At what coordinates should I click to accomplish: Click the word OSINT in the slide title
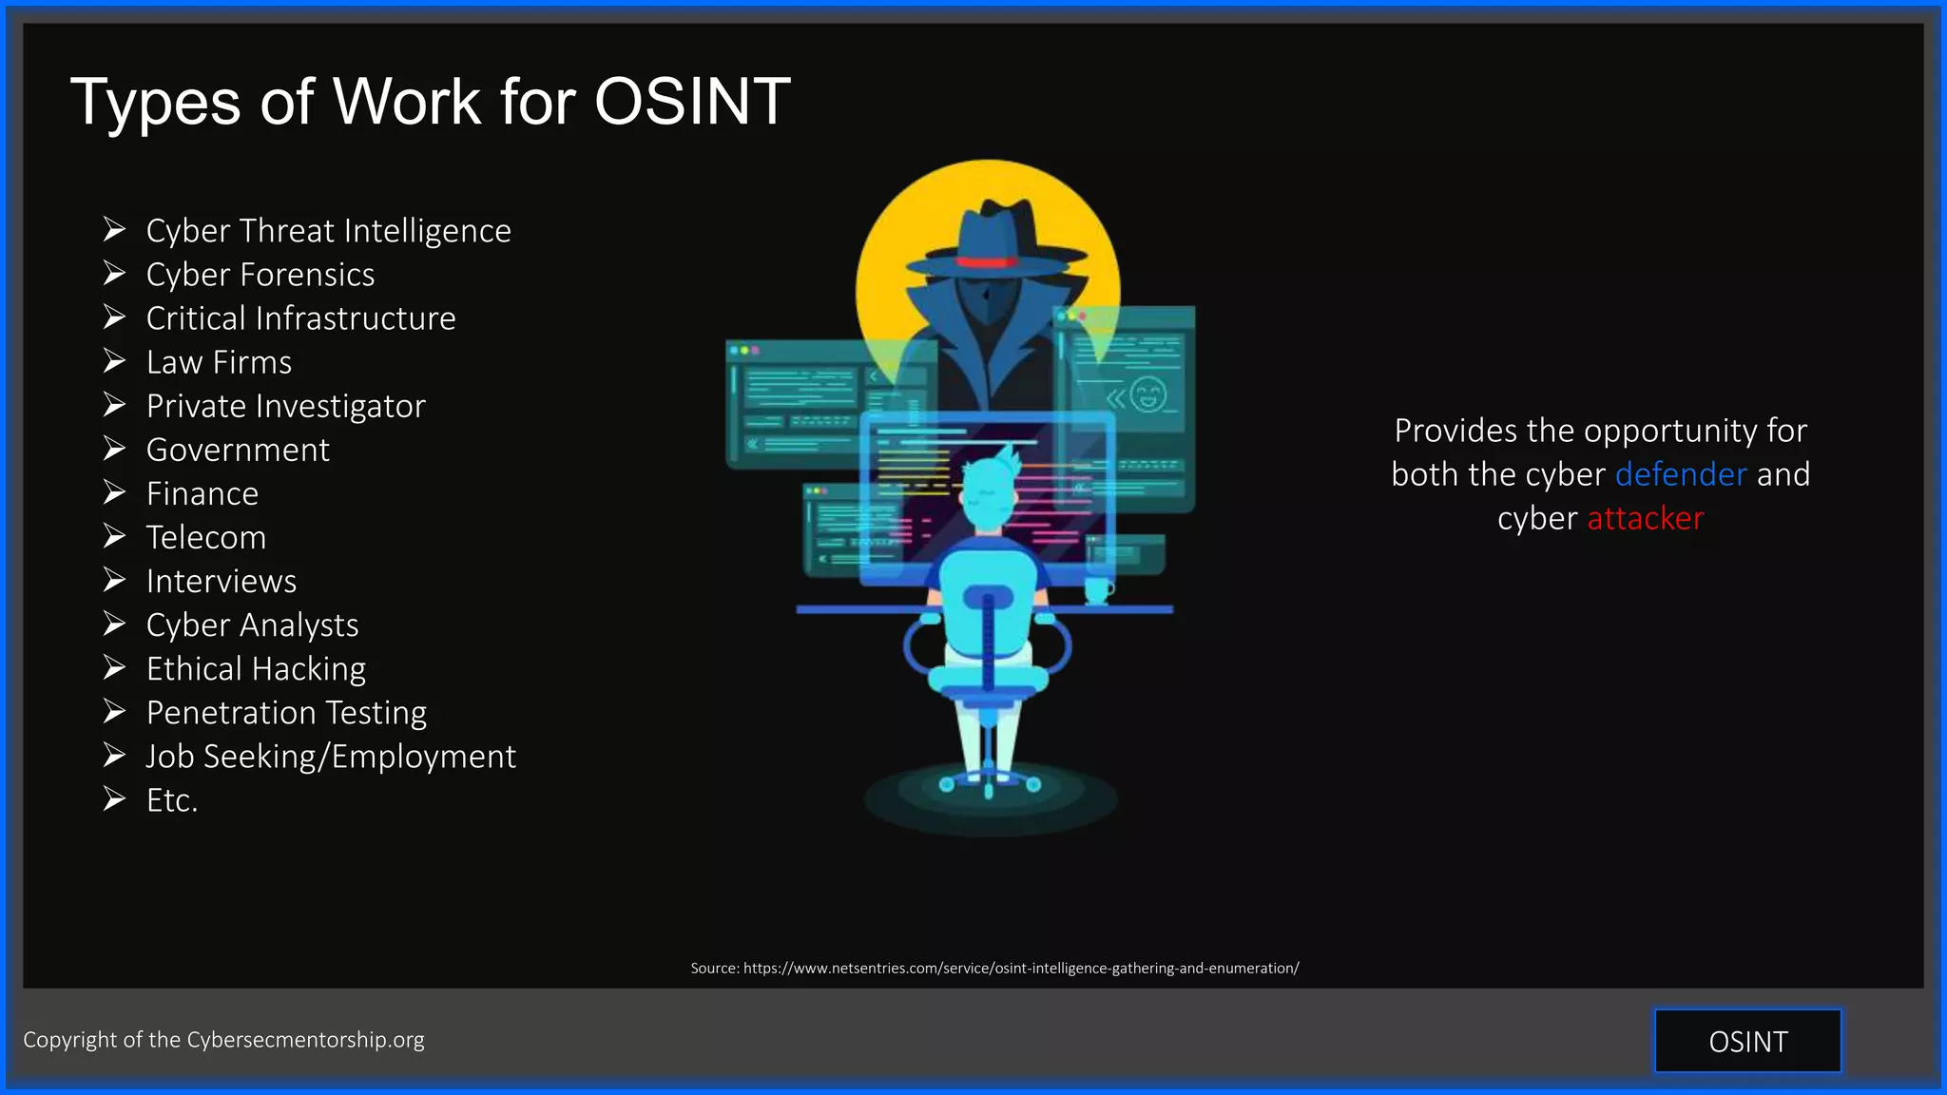tap(692, 101)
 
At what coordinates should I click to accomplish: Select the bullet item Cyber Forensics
tap(260, 275)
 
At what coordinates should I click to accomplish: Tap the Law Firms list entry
tap(219, 362)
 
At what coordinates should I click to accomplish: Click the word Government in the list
tap(238, 450)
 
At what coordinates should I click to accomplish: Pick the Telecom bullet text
tap(205, 537)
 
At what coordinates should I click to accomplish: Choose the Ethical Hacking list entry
tap(256, 669)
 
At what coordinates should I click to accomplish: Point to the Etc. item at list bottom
tap(172, 800)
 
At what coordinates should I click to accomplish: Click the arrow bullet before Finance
tap(114, 492)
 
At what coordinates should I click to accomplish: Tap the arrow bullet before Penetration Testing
tap(114, 712)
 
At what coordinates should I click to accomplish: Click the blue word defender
tap(1680, 474)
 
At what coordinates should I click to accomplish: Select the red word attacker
tap(1645, 519)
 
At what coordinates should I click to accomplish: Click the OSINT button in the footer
tap(1747, 1041)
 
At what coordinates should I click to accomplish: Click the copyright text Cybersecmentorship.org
tap(305, 1040)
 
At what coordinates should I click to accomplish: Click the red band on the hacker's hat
tap(986, 261)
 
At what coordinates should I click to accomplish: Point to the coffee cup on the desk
tap(1097, 590)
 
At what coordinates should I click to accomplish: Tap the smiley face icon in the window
tap(1147, 394)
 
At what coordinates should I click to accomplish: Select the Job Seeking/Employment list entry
tap(330, 757)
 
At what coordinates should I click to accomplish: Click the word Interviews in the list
tap(221, 581)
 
